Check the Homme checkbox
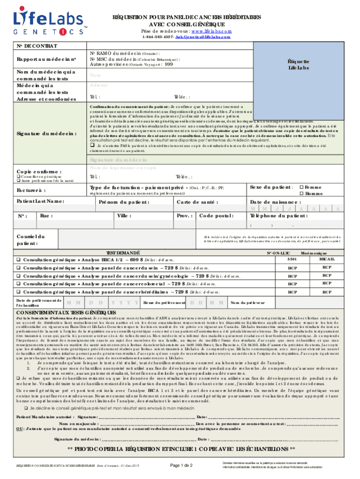point(302,194)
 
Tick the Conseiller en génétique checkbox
point(18,176)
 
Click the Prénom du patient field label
point(124,202)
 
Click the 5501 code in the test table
point(292,259)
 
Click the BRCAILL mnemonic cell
point(327,259)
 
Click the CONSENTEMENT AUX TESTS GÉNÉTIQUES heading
point(66,313)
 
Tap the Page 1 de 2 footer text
point(182,465)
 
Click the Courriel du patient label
point(30,240)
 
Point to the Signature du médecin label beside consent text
point(46,133)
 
